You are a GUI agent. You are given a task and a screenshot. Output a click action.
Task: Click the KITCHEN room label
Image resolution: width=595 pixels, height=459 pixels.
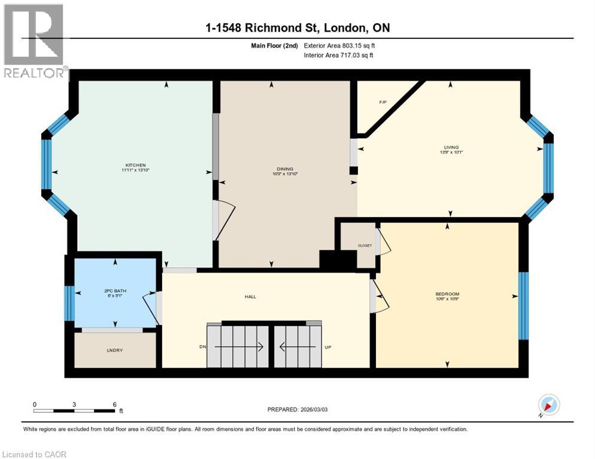(135, 165)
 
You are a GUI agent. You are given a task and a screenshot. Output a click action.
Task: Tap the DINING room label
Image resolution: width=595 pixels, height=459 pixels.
(285, 169)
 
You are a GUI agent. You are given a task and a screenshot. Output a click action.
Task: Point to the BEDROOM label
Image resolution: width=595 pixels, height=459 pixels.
(447, 294)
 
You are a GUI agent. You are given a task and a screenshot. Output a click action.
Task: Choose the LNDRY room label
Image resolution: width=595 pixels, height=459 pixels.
(114, 350)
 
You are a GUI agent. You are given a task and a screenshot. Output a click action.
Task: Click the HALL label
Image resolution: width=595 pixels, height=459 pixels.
(250, 296)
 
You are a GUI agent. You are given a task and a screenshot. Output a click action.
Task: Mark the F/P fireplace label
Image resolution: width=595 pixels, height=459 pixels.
(382, 102)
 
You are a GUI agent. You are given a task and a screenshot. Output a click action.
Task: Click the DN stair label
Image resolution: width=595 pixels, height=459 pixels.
(202, 347)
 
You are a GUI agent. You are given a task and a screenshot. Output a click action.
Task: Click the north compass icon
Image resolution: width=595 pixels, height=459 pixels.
(548, 405)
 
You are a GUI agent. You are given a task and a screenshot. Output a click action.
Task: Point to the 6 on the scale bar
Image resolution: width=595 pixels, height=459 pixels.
(114, 405)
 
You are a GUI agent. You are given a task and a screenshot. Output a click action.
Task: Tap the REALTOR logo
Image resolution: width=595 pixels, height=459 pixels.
(34, 42)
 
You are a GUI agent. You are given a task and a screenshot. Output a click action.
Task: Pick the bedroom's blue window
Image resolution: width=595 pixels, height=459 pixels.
(523, 305)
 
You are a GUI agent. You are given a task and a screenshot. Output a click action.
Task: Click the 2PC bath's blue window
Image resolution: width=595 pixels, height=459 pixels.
(69, 303)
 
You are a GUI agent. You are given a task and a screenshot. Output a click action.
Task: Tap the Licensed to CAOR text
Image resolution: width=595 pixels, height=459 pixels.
(35, 454)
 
